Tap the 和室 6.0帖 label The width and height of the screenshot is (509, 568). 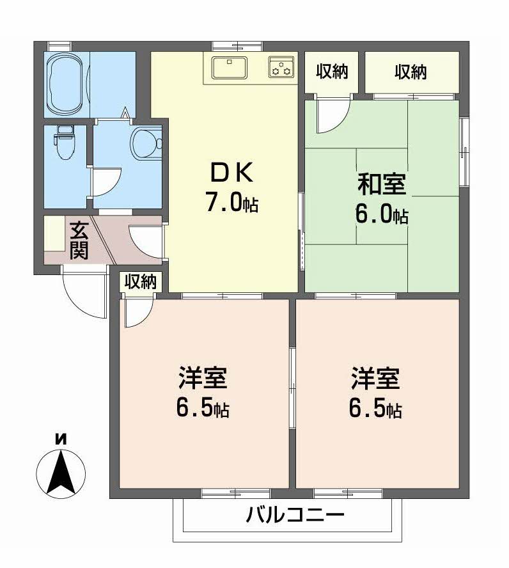pos(381,199)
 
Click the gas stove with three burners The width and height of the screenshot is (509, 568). pos(281,66)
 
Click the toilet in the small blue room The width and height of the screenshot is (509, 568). pos(65,141)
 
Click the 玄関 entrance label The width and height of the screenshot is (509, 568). pos(79,240)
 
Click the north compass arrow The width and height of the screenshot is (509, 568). pos(61,474)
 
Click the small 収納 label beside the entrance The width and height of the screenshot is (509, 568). pos(140,281)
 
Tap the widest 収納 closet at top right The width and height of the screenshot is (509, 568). pos(411,72)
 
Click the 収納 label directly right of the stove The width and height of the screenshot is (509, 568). pos(332,72)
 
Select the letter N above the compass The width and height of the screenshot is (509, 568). pos(61,439)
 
